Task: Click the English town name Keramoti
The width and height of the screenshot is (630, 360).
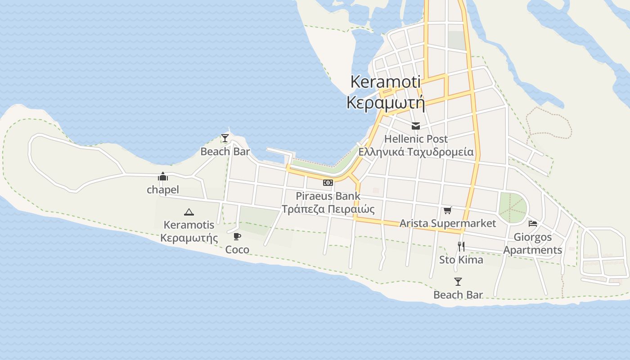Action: tap(385, 81)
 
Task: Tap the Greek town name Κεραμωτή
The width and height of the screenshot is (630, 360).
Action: tap(386, 103)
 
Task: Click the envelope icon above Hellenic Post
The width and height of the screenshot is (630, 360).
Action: tap(416, 126)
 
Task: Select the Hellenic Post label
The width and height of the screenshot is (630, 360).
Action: tap(416, 139)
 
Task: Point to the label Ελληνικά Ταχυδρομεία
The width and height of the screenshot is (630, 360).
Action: tap(416, 152)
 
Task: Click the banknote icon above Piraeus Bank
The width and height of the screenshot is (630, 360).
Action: tap(328, 183)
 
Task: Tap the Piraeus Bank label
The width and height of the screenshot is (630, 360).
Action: tap(328, 196)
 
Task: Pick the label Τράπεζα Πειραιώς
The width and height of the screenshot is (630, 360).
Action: tap(328, 209)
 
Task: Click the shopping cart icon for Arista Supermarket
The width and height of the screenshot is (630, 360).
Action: tap(447, 210)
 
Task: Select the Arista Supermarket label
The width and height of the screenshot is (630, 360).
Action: tap(447, 223)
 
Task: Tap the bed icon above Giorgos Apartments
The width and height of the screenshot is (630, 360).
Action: tap(533, 224)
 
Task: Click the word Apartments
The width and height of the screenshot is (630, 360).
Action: tap(533, 250)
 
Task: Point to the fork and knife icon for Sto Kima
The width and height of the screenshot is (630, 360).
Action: tap(461, 246)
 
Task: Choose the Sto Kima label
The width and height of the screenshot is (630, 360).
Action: tap(461, 260)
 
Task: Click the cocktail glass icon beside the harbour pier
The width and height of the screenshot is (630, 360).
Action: tap(225, 138)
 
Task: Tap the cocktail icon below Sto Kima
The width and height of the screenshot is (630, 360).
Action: tap(458, 282)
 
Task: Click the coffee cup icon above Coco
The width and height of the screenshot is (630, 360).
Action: tap(237, 237)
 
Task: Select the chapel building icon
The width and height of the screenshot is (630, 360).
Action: tap(163, 177)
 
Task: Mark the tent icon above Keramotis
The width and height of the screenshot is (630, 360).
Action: tap(189, 212)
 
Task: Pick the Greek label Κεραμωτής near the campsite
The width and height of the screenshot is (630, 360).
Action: tap(189, 238)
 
